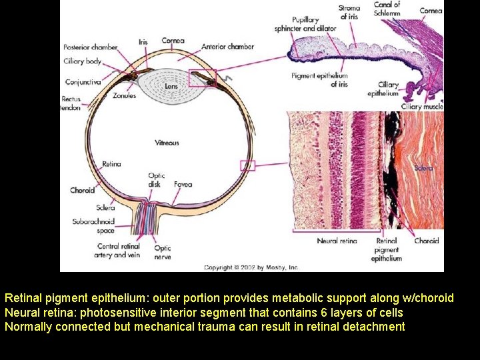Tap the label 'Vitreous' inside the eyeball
(x=167, y=143)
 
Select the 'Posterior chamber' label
(x=91, y=47)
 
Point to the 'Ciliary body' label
(x=83, y=61)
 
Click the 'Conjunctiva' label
(x=83, y=82)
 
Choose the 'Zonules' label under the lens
(x=125, y=96)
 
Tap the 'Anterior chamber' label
(x=228, y=47)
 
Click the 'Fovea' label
(x=183, y=185)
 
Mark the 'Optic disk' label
(x=157, y=180)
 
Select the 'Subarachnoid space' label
(x=94, y=225)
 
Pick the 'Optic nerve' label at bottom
(x=163, y=252)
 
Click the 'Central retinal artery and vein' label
(x=117, y=251)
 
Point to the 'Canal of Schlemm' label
(x=387, y=9)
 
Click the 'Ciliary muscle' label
(x=422, y=107)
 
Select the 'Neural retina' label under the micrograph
(x=337, y=241)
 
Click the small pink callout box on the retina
(x=247, y=165)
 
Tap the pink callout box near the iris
(x=203, y=79)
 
